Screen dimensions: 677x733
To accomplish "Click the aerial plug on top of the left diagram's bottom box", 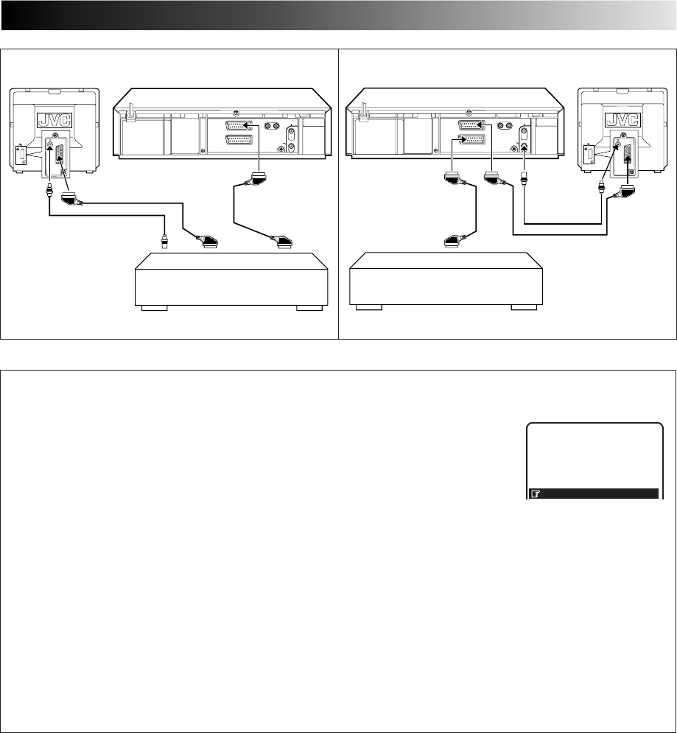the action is [164, 239].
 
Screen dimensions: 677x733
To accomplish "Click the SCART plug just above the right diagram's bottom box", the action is [452, 240].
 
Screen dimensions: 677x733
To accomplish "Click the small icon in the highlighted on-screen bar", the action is [536, 495].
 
